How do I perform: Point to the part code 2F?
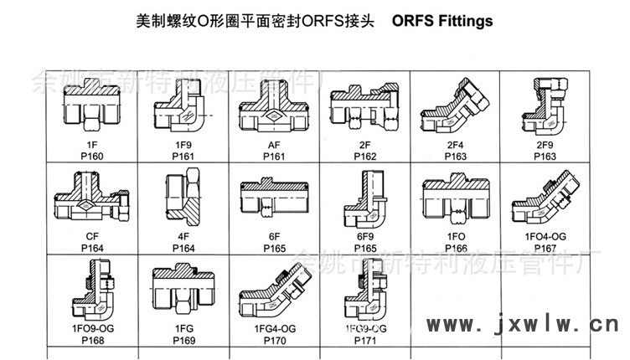(x=365, y=145)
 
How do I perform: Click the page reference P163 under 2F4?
(x=456, y=156)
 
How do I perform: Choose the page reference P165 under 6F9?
(x=365, y=248)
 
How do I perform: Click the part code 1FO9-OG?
(x=92, y=328)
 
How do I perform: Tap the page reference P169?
(x=183, y=339)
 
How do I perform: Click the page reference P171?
(x=365, y=339)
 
